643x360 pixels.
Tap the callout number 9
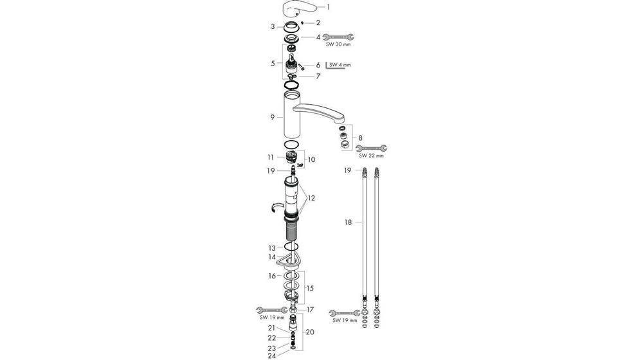click(x=273, y=117)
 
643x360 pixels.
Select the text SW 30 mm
click(x=338, y=46)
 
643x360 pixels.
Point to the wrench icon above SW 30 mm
click(x=338, y=37)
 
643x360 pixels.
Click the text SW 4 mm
click(x=340, y=65)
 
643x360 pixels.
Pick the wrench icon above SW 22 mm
click(x=371, y=148)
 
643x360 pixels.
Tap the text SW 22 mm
click(x=371, y=156)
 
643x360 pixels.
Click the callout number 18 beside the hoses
click(x=348, y=222)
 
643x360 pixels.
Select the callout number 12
click(x=312, y=198)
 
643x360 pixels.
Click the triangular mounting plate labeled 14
click(x=288, y=260)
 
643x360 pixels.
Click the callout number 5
click(x=273, y=64)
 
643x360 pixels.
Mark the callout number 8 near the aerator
click(x=360, y=138)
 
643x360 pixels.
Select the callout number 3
click(x=273, y=26)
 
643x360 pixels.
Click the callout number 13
click(x=273, y=248)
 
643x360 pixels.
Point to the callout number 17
click(x=310, y=309)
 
